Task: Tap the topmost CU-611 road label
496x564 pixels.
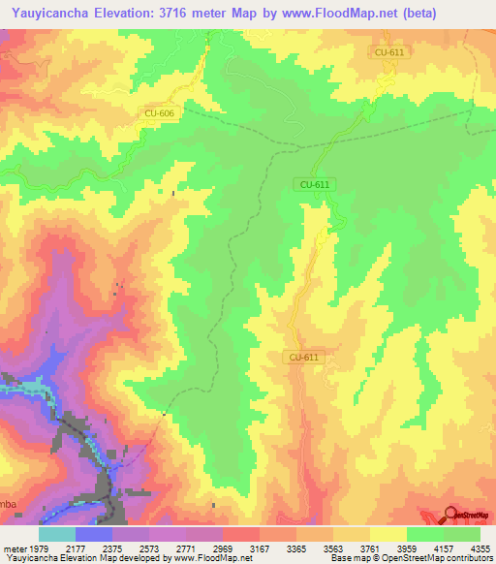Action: (389, 52)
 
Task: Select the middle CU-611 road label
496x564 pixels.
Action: (315, 183)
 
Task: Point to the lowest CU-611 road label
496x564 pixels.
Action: (303, 357)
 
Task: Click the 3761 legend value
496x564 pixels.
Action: (369, 548)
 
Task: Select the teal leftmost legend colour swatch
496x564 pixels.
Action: (57, 534)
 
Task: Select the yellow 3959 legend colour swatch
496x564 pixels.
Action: (387, 534)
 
